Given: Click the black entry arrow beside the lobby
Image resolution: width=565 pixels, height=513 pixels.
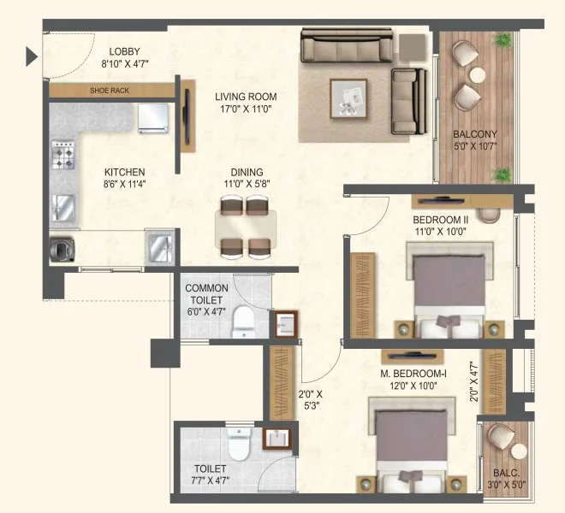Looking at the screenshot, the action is tap(32, 57).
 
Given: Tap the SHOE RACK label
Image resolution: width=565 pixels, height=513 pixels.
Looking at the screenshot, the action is tap(110, 91).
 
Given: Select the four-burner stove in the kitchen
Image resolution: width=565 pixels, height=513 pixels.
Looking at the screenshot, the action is tap(63, 155).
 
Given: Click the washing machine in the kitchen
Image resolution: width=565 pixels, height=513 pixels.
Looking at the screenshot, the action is tap(62, 249).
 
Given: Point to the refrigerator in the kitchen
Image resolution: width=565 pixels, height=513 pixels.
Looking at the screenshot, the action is tap(153, 119).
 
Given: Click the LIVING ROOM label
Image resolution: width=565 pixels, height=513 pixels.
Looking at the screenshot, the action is tap(246, 97).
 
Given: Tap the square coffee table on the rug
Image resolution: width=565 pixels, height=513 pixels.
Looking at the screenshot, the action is tap(348, 99).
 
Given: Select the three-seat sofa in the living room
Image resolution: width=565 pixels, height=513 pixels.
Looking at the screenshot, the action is tap(347, 45).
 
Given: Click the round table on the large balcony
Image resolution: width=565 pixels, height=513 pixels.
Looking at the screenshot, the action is tap(478, 75).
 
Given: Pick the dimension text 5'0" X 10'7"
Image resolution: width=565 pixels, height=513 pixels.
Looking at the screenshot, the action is tap(475, 146).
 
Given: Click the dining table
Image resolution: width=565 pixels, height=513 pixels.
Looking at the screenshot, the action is tap(246, 229).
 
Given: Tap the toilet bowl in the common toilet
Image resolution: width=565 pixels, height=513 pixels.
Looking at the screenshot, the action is tap(244, 321).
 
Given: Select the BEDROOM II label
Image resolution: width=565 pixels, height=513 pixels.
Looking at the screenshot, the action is tap(441, 220).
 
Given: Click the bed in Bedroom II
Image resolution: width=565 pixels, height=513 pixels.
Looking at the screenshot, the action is tap(449, 290).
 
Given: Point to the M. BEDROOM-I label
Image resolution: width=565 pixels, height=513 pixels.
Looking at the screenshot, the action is tap(413, 374).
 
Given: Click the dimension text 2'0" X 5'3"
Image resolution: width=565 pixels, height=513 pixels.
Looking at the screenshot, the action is tap(310, 399).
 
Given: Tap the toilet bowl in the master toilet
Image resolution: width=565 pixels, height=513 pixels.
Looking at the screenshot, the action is tap(239, 444).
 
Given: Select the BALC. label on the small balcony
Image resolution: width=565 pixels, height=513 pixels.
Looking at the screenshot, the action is tap(506, 473).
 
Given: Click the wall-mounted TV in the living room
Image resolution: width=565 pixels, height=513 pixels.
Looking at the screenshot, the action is tap(187, 116).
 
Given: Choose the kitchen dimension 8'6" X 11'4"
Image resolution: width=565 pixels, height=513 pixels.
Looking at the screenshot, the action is tap(124, 185).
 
